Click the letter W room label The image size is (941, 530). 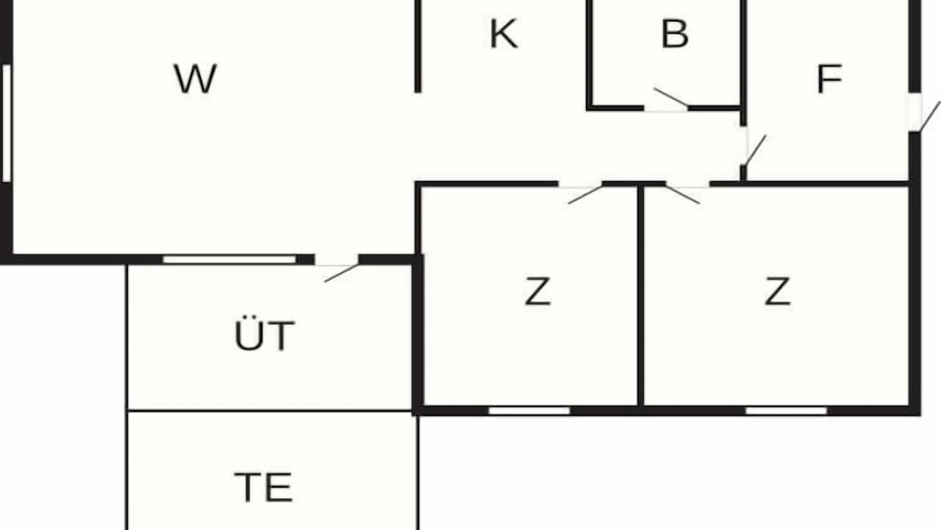196,79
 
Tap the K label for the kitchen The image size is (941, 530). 504,34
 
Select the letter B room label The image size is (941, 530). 675,34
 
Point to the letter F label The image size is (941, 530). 829,79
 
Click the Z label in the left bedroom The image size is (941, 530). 537,291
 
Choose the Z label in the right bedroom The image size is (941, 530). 777,291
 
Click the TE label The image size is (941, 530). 263,487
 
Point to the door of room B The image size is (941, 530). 671,98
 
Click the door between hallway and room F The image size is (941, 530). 754,150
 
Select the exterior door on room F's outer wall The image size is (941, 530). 929,116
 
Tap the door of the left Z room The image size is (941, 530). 585,195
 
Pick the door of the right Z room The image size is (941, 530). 683,194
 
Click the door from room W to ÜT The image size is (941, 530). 342,273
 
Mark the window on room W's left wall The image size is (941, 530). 7,123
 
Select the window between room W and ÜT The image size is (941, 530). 230,260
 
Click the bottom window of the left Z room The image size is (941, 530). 529,411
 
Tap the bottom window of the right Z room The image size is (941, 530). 787,411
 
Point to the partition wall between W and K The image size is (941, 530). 418,46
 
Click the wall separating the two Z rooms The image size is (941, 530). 640,296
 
